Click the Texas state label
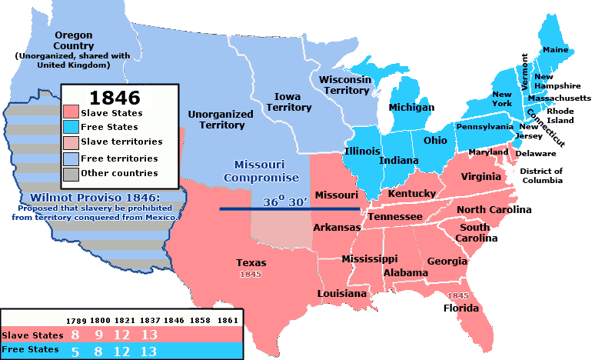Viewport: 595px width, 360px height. pyautogui.click(x=251, y=263)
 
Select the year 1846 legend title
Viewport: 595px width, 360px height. pyautogui.click(x=115, y=98)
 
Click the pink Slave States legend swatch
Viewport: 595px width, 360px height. pyautogui.click(x=71, y=113)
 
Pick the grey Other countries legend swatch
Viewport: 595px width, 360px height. pyautogui.click(x=71, y=173)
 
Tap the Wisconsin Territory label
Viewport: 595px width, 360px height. pyautogui.click(x=345, y=85)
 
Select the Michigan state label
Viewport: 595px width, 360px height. pyautogui.click(x=411, y=108)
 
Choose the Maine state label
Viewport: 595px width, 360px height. pyautogui.click(x=555, y=50)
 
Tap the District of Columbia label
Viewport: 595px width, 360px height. pyautogui.click(x=541, y=175)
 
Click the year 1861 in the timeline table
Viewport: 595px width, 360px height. pyautogui.click(x=228, y=319)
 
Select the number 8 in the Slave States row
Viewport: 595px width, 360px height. pyautogui.click(x=75, y=335)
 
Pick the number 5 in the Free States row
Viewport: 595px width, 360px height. pyautogui.click(x=75, y=351)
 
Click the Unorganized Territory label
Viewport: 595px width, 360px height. pyautogui.click(x=221, y=119)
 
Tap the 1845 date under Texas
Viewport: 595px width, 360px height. pyautogui.click(x=251, y=274)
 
